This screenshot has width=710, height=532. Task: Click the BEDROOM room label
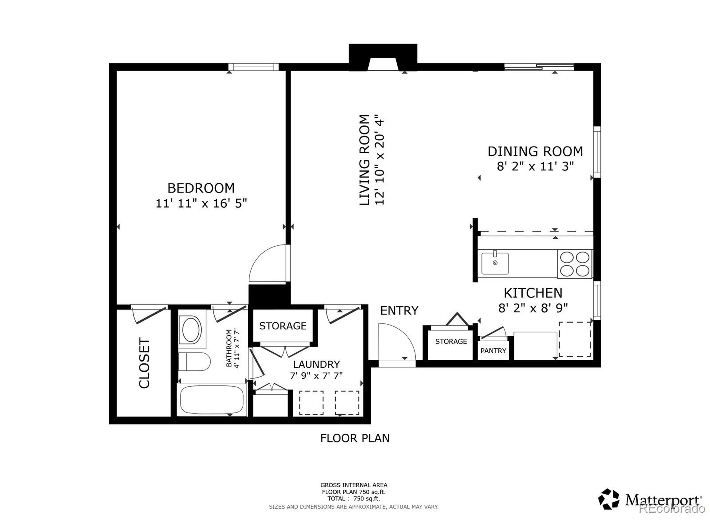[201, 188]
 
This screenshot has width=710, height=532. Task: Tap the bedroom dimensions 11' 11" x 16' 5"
[201, 203]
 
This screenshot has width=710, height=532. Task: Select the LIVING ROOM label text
[364, 160]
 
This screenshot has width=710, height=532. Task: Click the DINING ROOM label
[535, 151]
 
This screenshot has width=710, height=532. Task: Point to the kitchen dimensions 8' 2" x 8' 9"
[533, 308]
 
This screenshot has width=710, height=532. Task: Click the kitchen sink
[495, 263]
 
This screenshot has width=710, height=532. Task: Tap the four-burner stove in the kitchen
[575, 264]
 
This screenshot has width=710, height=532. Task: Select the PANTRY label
[493, 351]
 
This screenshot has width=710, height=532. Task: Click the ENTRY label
[399, 310]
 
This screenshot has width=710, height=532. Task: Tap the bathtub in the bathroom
[212, 400]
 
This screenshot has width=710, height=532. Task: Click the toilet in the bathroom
[194, 362]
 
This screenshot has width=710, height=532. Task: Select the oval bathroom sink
[191, 329]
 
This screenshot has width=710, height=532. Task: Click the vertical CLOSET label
[144, 363]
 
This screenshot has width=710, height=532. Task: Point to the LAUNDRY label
[316, 364]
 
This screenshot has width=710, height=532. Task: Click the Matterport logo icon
[608, 499]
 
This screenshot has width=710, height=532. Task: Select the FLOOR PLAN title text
[355, 438]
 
